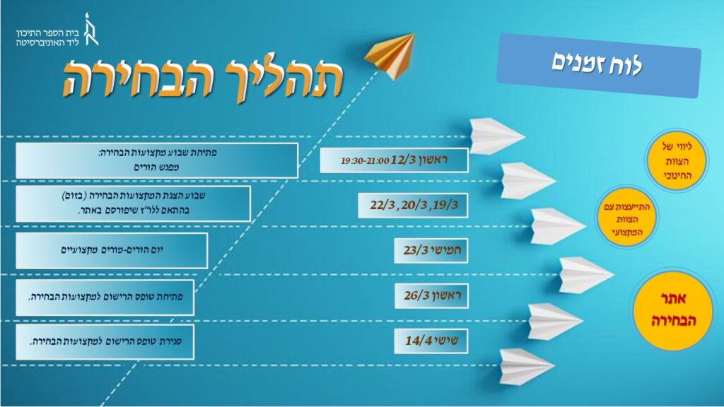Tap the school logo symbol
point(90,30)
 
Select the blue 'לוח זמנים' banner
point(598,65)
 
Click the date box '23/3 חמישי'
point(431,251)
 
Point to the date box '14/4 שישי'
point(431,341)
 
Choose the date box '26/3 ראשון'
point(431,296)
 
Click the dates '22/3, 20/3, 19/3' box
point(413,206)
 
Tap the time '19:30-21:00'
point(365,161)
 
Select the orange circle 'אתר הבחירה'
point(674,310)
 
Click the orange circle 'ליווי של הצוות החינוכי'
point(677,160)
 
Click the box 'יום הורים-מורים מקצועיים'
point(112,251)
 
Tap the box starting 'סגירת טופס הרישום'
point(105,342)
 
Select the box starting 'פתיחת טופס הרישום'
point(105,297)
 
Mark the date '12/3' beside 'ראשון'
point(404,160)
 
